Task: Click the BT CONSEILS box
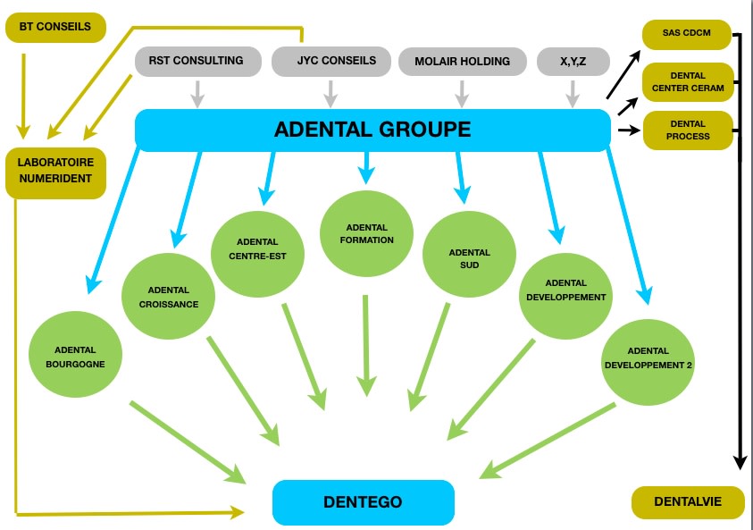(54, 27)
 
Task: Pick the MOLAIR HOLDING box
(462, 61)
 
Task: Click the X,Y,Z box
(573, 61)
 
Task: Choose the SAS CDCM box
(686, 34)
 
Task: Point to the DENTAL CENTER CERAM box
(686, 81)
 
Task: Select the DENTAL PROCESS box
(686, 130)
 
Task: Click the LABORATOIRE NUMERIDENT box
(55, 172)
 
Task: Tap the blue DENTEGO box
(363, 501)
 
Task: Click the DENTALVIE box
(687, 502)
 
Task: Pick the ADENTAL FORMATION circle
(366, 233)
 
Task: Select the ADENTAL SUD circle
(469, 253)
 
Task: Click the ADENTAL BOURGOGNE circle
(75, 357)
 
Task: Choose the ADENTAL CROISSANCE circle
(169, 297)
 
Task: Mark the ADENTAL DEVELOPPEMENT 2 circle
(648, 358)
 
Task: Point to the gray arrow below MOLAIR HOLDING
(462, 92)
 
